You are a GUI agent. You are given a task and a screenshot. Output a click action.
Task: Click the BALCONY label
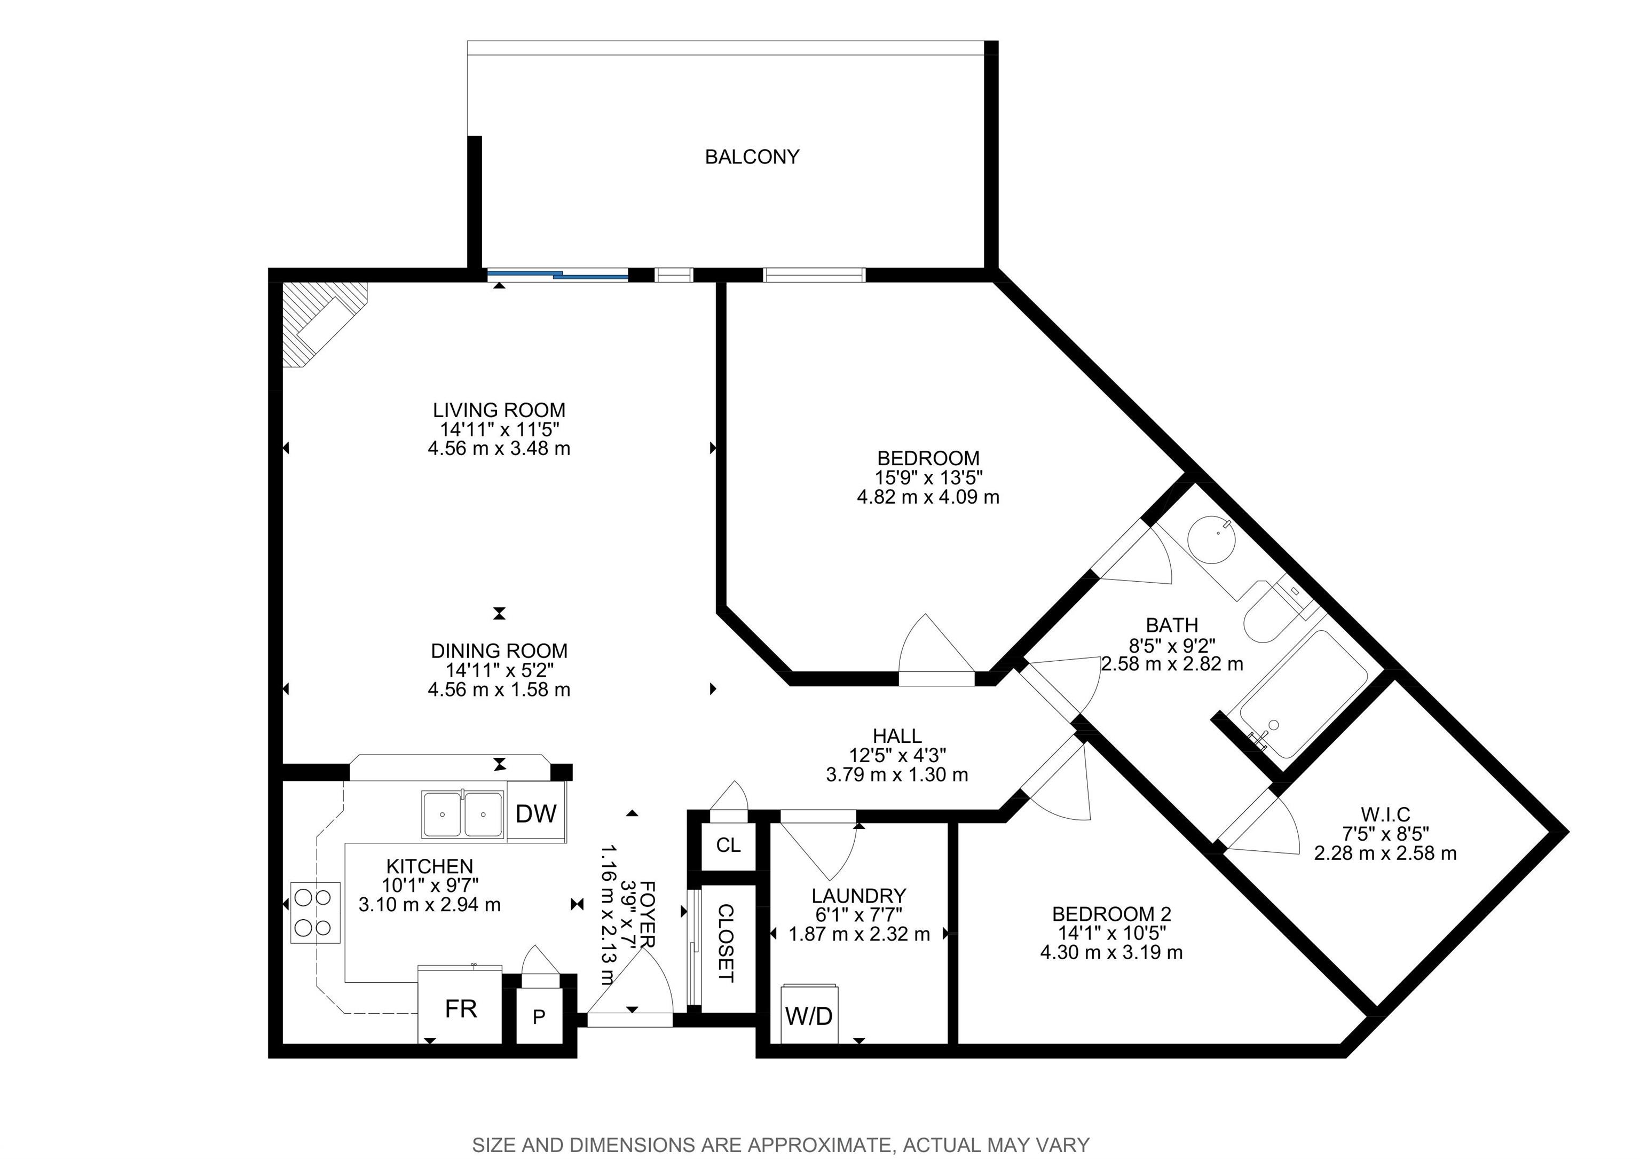[x=752, y=157]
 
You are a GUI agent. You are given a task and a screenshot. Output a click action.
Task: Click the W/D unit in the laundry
[x=809, y=1014]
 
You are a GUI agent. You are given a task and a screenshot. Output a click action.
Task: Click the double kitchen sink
[x=463, y=814]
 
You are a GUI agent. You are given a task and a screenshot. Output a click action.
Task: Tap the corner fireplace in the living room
[x=323, y=323]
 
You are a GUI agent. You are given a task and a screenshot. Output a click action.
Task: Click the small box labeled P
[x=539, y=1015]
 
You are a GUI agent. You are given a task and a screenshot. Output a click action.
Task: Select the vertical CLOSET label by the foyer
[x=726, y=943]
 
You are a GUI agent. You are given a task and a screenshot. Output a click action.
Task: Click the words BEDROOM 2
[x=1111, y=914]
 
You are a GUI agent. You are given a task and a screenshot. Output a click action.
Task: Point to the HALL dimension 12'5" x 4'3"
[x=897, y=755]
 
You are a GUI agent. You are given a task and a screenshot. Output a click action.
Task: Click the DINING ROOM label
[x=499, y=651]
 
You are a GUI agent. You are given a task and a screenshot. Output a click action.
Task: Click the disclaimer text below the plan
[x=782, y=1145]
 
